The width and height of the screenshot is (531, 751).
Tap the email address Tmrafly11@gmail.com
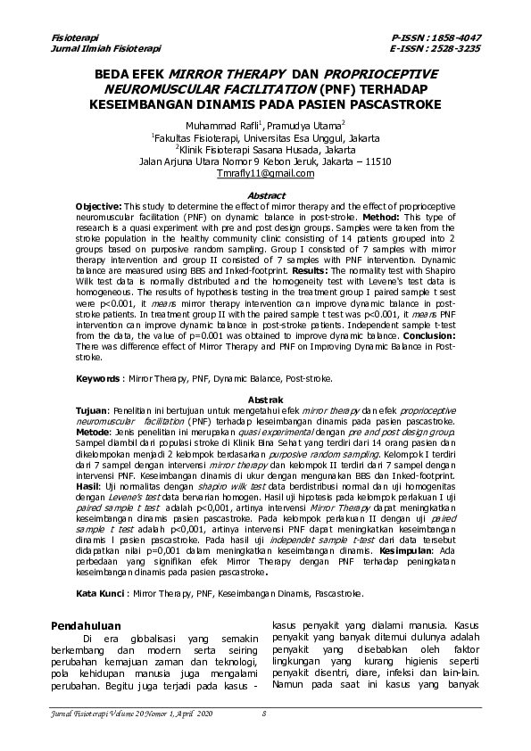click(265, 174)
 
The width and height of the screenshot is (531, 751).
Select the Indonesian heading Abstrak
click(265, 400)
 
